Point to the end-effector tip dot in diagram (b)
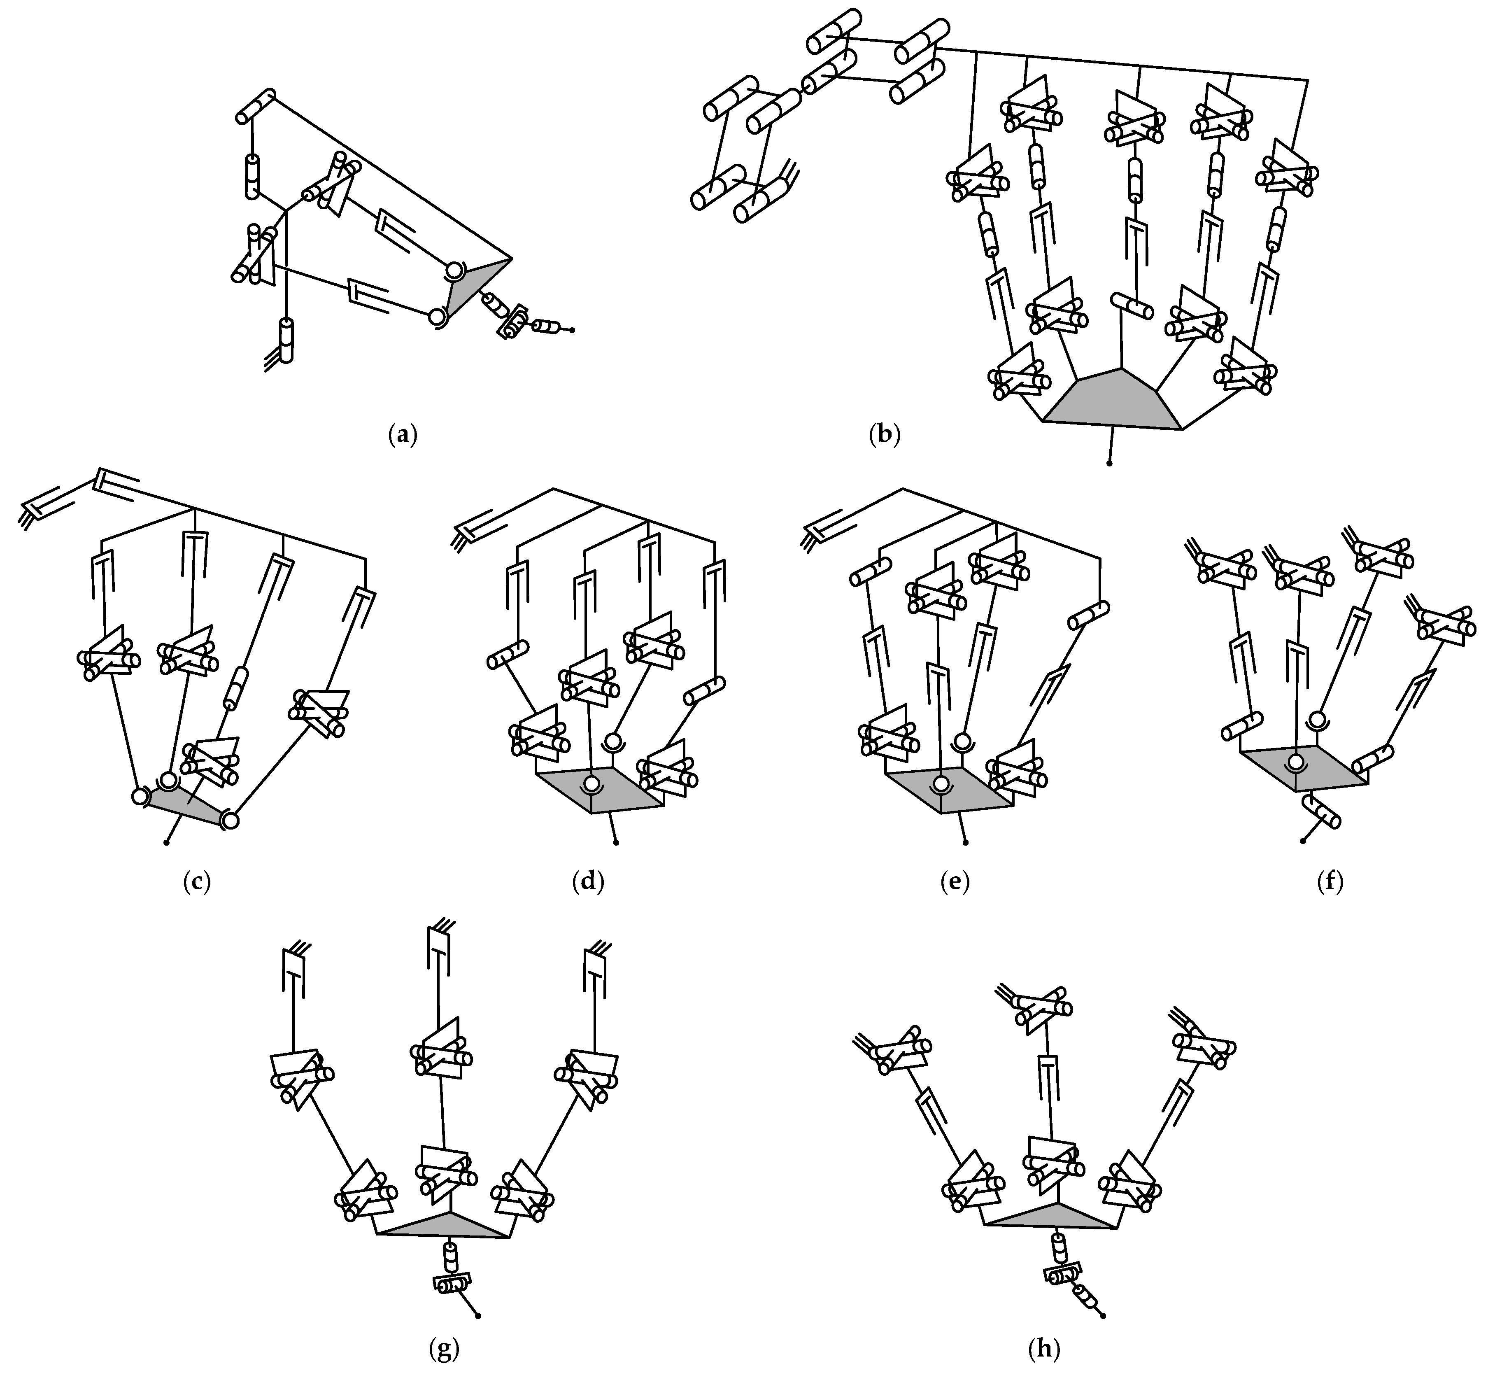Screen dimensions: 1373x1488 [1109, 463]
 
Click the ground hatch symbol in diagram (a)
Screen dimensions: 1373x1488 [272, 361]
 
